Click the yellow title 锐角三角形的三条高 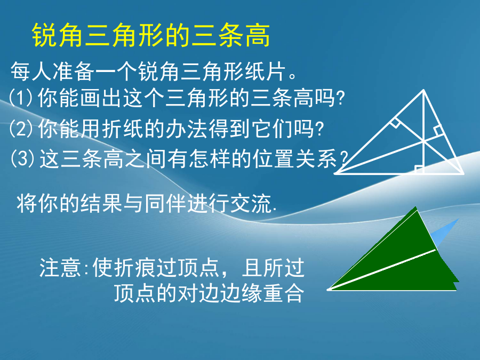[151, 35]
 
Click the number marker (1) [21, 98]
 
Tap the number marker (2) [21, 128]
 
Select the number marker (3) [22, 158]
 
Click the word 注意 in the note [60, 268]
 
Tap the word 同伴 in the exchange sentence [165, 203]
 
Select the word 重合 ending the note [284, 293]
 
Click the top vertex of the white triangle [423, 90]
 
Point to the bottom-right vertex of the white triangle [463, 173]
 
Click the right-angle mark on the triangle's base [419, 169]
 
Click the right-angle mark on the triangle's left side [395, 123]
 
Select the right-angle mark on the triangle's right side [438, 131]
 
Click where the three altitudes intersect [423, 141]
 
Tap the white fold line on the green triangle [382, 270]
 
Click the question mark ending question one [340, 98]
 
